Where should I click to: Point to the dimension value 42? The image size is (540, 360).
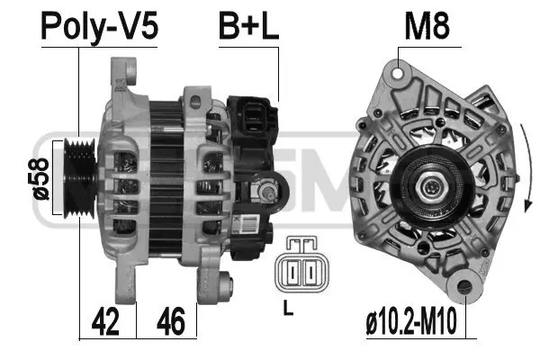coord(107,319)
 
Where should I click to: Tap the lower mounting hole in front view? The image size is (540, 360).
coord(466,288)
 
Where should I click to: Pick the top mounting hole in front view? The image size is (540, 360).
coord(399,68)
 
